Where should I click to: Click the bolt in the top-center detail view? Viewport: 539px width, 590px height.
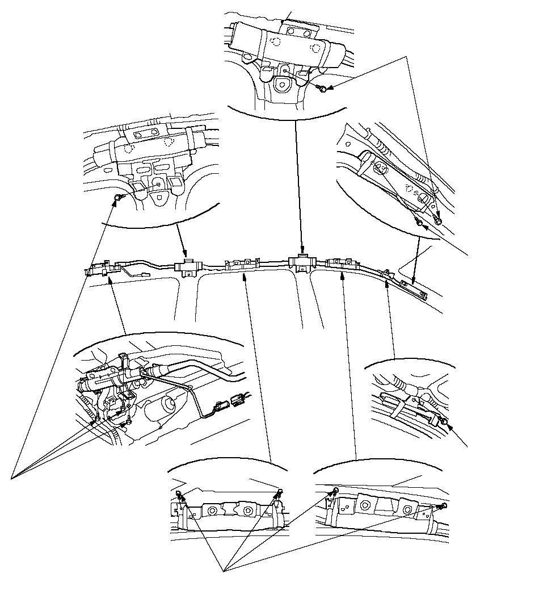pos(322,89)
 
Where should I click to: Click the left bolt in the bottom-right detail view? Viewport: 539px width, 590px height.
pos(335,490)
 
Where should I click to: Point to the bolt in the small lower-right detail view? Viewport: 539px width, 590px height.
pos(445,421)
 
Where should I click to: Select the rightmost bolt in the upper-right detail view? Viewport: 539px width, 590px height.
pos(438,220)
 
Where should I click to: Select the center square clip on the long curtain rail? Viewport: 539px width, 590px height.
pos(301,262)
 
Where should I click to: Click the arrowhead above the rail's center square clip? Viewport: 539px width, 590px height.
pos(302,250)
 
